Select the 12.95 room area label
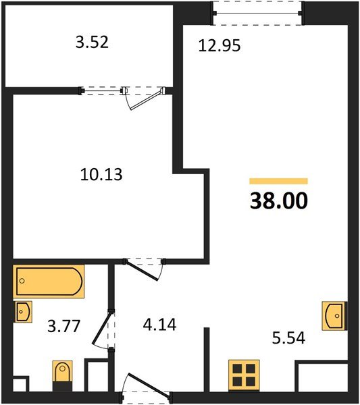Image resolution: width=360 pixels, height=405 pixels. coord(220,46)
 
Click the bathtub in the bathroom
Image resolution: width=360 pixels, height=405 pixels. coord(49,282)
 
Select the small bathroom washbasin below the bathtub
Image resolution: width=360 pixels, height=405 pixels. coord(23,312)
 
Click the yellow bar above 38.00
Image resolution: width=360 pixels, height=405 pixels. coord(278,181)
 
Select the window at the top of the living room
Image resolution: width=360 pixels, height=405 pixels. coord(256,10)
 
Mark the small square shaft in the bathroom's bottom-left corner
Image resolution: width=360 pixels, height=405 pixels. coord(20,385)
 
